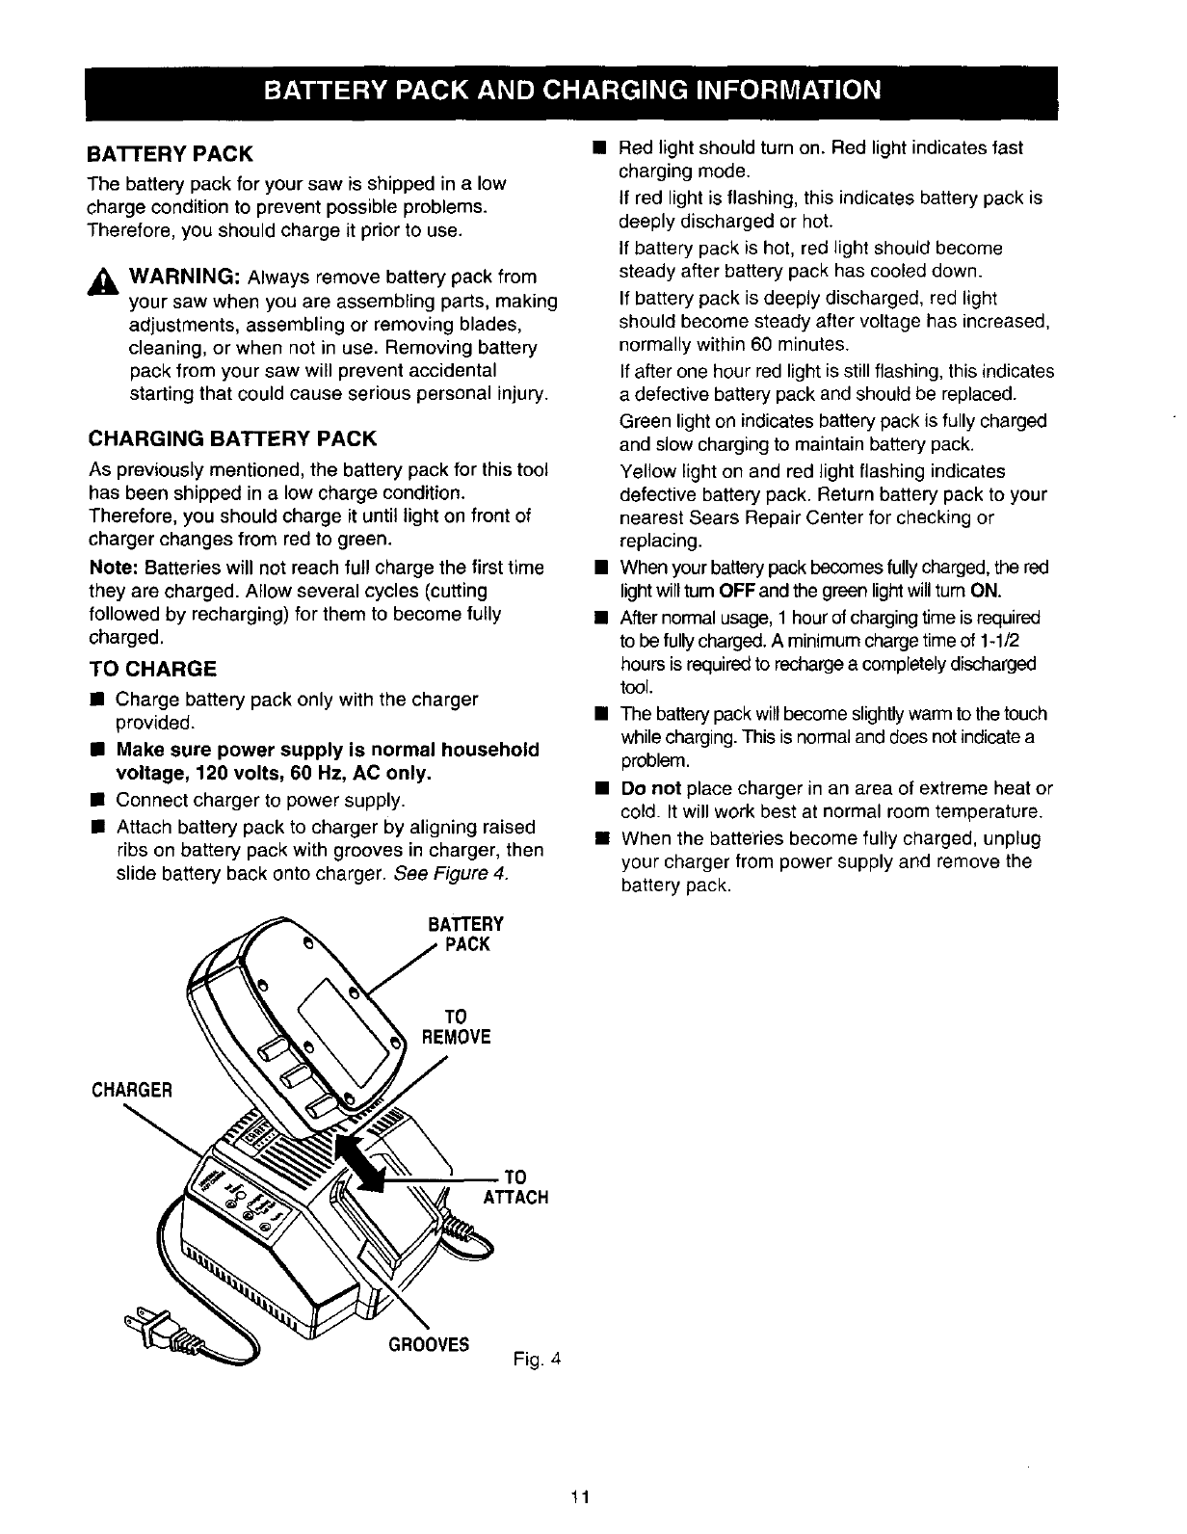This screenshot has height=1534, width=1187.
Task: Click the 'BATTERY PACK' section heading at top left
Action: [x=170, y=154]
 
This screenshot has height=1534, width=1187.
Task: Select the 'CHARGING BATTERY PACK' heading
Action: [x=231, y=439]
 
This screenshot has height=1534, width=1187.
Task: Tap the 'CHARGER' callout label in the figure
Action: [x=132, y=1090]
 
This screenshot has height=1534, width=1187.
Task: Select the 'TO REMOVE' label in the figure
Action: [x=457, y=1026]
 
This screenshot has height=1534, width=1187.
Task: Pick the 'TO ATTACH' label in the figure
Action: [x=515, y=1186]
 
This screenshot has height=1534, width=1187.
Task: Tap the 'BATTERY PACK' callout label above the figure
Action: [x=466, y=934]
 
